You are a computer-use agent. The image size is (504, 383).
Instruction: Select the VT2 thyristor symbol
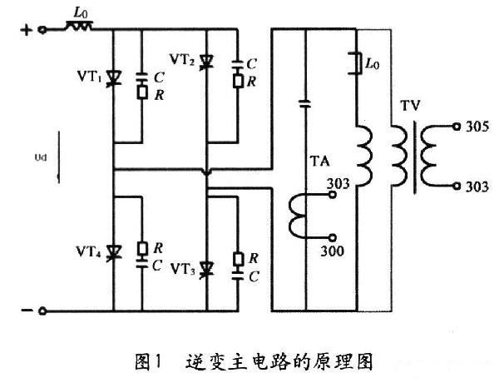pos(208,60)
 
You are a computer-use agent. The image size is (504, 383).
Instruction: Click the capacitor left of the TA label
pos(304,106)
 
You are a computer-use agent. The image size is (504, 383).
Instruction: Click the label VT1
pos(89,80)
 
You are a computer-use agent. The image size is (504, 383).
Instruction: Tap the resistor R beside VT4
pos(144,247)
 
